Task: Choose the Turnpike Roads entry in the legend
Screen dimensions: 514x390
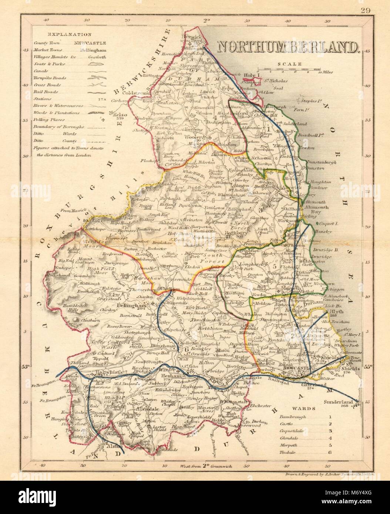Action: (44, 78)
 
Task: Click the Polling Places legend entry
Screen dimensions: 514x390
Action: (43, 120)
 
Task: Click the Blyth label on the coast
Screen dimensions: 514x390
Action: (335, 311)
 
